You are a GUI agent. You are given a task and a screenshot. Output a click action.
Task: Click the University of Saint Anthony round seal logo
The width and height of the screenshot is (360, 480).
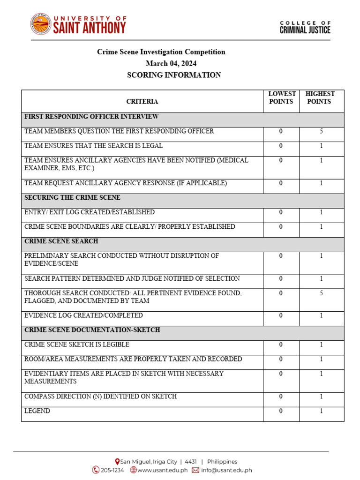[41, 24]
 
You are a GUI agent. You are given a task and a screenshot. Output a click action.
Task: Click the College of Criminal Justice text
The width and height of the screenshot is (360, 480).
[305, 27]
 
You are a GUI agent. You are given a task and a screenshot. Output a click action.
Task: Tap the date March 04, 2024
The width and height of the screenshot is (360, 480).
[171, 63]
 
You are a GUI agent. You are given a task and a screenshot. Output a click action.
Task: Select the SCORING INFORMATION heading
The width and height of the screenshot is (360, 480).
[174, 75]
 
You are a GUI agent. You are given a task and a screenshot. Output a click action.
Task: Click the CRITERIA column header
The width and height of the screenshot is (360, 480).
[142, 101]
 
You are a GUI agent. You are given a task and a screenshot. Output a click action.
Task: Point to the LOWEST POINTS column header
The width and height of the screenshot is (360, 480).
[281, 97]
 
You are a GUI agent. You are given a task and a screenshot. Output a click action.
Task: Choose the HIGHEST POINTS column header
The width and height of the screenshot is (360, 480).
[320, 97]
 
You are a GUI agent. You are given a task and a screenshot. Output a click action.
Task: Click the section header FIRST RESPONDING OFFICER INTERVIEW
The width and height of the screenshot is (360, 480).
[91, 116]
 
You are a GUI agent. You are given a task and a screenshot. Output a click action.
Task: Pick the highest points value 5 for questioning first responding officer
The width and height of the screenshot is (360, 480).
[321, 131]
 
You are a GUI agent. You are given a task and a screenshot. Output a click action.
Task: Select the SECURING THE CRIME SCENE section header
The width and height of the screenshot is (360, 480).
[72, 197]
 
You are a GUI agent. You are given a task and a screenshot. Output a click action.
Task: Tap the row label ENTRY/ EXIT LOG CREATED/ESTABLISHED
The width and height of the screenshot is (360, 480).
[90, 212]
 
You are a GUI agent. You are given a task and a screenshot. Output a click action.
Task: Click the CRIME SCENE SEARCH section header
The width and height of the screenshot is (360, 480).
[61, 241]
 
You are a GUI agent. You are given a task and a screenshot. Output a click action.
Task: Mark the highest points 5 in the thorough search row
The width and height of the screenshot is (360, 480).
[321, 293]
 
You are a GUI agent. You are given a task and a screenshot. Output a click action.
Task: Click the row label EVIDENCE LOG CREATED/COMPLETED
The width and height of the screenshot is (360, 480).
[83, 315]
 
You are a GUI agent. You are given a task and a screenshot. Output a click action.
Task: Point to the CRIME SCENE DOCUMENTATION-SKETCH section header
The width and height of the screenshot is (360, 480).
[92, 330]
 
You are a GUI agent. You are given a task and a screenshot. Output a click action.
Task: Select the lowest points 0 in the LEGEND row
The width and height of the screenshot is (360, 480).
[281, 411]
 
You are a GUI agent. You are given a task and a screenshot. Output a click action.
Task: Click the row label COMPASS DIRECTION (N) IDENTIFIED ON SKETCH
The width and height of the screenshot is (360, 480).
[100, 397]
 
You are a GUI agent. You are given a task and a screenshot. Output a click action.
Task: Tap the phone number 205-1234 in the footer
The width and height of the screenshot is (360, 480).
[112, 470]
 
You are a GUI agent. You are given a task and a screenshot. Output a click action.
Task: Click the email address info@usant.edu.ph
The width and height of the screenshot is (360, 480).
[226, 470]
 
